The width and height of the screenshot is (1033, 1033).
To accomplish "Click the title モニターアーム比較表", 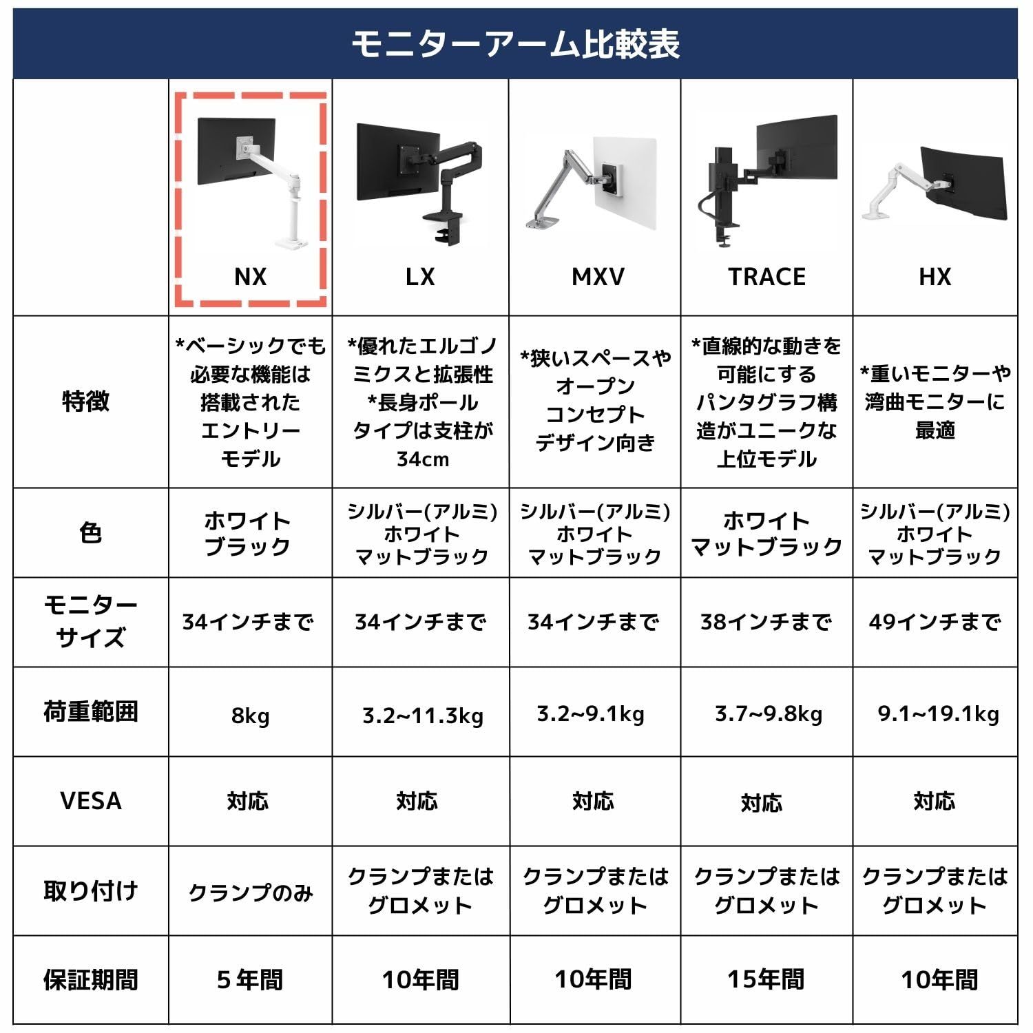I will [x=515, y=44].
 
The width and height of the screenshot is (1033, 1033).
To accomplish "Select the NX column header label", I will [x=250, y=277].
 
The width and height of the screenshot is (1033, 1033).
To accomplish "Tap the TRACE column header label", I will [x=766, y=277].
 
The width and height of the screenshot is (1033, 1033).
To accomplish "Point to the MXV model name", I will [x=598, y=277].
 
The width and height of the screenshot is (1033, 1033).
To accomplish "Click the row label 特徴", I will [x=86, y=401].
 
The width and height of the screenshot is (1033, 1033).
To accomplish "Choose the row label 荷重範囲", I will [x=90, y=711].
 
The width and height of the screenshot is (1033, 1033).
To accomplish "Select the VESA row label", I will [x=90, y=801].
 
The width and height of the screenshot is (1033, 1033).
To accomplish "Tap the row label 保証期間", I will [x=90, y=979].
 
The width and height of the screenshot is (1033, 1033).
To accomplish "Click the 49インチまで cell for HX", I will [x=935, y=622].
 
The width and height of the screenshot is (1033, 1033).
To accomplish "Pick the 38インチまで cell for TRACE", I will [x=766, y=622].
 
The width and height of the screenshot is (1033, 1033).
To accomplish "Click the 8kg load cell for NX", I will [x=250, y=716].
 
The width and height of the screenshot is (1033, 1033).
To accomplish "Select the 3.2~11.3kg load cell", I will [x=422, y=716].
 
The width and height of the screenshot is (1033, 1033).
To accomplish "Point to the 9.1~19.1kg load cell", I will [x=938, y=714].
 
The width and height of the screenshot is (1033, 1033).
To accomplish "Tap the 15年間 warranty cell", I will [x=766, y=979].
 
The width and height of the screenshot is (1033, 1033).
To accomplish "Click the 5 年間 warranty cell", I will [x=250, y=979].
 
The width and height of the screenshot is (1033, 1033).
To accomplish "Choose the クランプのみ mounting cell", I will [x=250, y=893].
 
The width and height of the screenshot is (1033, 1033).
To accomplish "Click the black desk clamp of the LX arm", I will [x=446, y=229].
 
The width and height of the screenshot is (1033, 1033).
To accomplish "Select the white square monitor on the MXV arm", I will [x=625, y=185].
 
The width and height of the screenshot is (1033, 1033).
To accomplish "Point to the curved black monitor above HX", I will [x=964, y=182].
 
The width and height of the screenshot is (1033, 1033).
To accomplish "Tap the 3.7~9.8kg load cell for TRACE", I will [x=768, y=714].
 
